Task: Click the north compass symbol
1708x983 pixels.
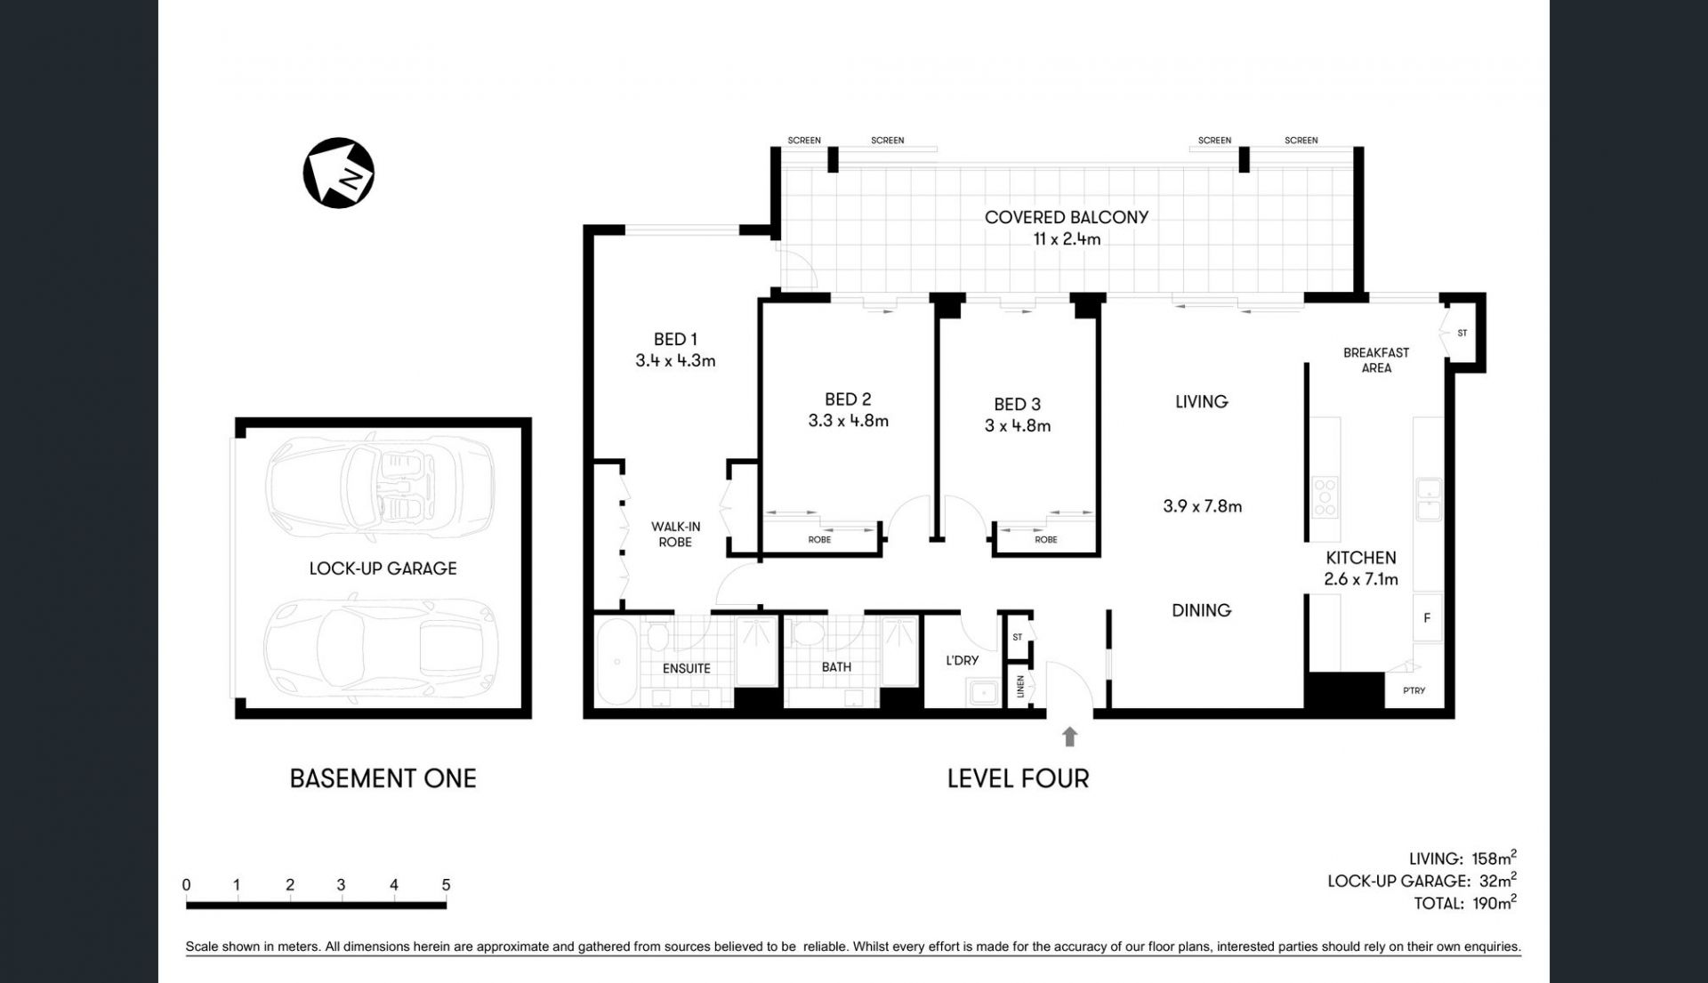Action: pos(339,173)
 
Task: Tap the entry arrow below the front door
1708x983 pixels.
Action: pos(1070,737)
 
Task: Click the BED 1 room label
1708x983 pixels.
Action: pos(675,339)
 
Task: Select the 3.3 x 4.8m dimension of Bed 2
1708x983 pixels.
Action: pos(848,421)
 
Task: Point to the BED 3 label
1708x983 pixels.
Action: pos(1017,404)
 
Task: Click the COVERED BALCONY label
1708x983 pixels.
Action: pos(1067,217)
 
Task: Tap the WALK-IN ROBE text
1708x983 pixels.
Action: pos(675,534)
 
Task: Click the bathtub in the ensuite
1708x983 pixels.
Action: pos(616,662)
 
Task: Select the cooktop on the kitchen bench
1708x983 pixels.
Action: pos(1325,498)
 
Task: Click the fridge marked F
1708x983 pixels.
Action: pos(1427,617)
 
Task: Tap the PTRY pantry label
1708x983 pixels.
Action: pos(1414,690)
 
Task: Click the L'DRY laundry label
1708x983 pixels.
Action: pos(962,660)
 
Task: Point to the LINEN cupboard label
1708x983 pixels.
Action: pos(1020,686)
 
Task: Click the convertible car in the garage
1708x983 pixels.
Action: pos(381,487)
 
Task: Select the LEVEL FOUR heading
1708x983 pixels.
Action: pos(1018,778)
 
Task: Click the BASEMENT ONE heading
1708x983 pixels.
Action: pos(383,778)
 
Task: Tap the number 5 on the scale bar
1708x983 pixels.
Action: pos(446,885)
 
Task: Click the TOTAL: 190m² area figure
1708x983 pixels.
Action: pos(1465,902)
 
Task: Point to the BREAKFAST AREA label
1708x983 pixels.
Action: pos(1376,360)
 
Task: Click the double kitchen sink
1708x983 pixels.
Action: pos(1429,499)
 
